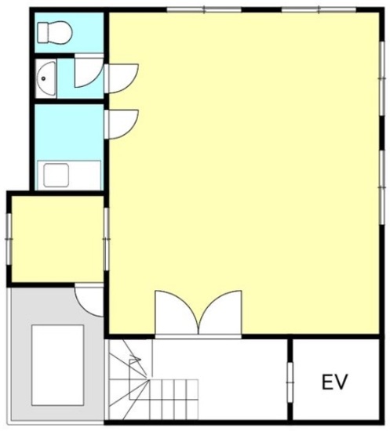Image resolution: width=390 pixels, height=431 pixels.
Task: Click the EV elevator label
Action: (335, 382)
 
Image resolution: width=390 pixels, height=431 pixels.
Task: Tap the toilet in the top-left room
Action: (54, 33)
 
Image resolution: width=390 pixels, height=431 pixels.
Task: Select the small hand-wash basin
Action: (46, 78)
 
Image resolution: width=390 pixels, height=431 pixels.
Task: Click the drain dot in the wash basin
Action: (43, 78)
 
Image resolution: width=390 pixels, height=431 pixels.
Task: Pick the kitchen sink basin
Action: (56, 175)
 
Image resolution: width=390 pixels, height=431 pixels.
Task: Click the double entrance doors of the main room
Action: (199, 314)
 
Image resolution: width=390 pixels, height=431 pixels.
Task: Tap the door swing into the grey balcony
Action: (89, 301)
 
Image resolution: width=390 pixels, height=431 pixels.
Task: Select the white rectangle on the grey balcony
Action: (57, 365)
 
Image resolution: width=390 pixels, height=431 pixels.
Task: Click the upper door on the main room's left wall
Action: (121, 78)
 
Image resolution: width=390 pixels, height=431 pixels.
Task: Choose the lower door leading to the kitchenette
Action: (121, 125)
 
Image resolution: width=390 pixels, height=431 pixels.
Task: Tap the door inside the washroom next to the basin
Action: (89, 71)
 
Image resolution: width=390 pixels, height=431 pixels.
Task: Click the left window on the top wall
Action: (204, 10)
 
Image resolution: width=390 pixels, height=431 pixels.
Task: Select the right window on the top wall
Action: (319, 10)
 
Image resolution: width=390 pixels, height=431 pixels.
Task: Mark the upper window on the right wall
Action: (381, 78)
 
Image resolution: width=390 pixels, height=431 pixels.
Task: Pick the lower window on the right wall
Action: (381, 187)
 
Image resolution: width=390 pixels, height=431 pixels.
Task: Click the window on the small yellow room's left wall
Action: (9, 240)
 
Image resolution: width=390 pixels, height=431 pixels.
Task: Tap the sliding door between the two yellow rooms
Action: (107, 239)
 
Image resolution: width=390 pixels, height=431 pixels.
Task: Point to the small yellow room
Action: (57, 239)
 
